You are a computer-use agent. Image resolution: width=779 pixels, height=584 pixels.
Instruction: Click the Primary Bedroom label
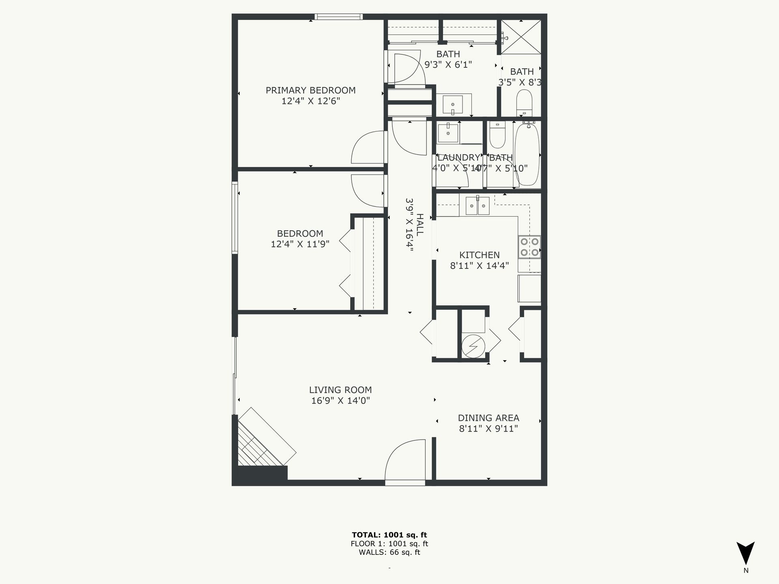point(310,90)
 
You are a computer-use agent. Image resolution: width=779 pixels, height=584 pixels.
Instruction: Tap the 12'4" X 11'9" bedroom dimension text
point(300,244)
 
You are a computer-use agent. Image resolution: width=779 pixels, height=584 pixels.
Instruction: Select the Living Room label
point(340,390)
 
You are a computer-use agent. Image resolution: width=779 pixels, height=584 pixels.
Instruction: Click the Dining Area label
point(488,418)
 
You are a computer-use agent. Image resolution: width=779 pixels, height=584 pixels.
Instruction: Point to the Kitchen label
point(479,255)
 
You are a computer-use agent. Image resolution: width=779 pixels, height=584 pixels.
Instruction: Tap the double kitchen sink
point(478,206)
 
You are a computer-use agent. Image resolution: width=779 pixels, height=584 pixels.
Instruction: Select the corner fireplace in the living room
point(264,442)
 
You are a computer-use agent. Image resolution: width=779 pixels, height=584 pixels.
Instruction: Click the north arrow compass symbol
point(746,554)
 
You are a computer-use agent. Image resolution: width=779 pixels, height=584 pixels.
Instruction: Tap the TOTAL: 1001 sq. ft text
point(389,535)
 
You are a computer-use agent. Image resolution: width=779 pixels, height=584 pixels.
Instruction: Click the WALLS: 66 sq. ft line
point(389,552)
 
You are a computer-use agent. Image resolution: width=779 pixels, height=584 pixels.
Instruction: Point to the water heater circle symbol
point(473,346)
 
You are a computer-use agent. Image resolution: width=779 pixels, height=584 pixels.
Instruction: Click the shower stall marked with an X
point(521,36)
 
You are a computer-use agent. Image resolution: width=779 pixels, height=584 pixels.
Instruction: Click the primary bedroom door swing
point(367,147)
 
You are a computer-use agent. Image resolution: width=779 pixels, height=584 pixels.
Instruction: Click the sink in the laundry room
point(448,133)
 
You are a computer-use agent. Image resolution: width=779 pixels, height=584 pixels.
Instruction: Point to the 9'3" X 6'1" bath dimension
point(448,64)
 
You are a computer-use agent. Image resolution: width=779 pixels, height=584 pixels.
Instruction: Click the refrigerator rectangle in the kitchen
point(529,288)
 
